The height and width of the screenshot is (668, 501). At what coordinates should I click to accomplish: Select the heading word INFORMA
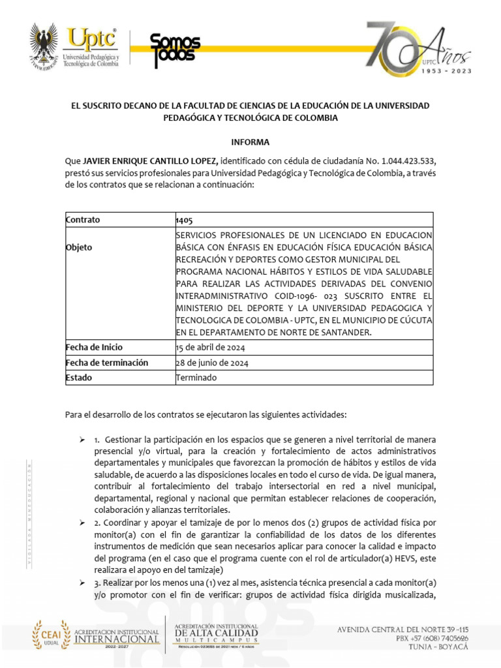(x=250, y=142)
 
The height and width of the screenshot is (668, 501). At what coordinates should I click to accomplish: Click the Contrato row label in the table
(x=83, y=220)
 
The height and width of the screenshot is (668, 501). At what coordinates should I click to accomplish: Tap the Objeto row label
(x=79, y=248)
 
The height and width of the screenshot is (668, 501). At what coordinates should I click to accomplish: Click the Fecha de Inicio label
(x=94, y=347)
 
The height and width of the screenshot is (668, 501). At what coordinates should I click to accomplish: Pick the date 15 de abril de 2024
(x=210, y=347)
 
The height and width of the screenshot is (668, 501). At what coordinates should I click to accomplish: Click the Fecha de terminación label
(x=107, y=363)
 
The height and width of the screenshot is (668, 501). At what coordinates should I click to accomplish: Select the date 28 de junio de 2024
(x=211, y=363)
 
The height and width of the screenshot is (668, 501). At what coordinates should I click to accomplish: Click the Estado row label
(x=79, y=378)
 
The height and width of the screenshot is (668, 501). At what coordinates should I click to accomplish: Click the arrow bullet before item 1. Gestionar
(x=82, y=439)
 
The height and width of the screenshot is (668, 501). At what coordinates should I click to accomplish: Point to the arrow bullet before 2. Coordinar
(x=82, y=523)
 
